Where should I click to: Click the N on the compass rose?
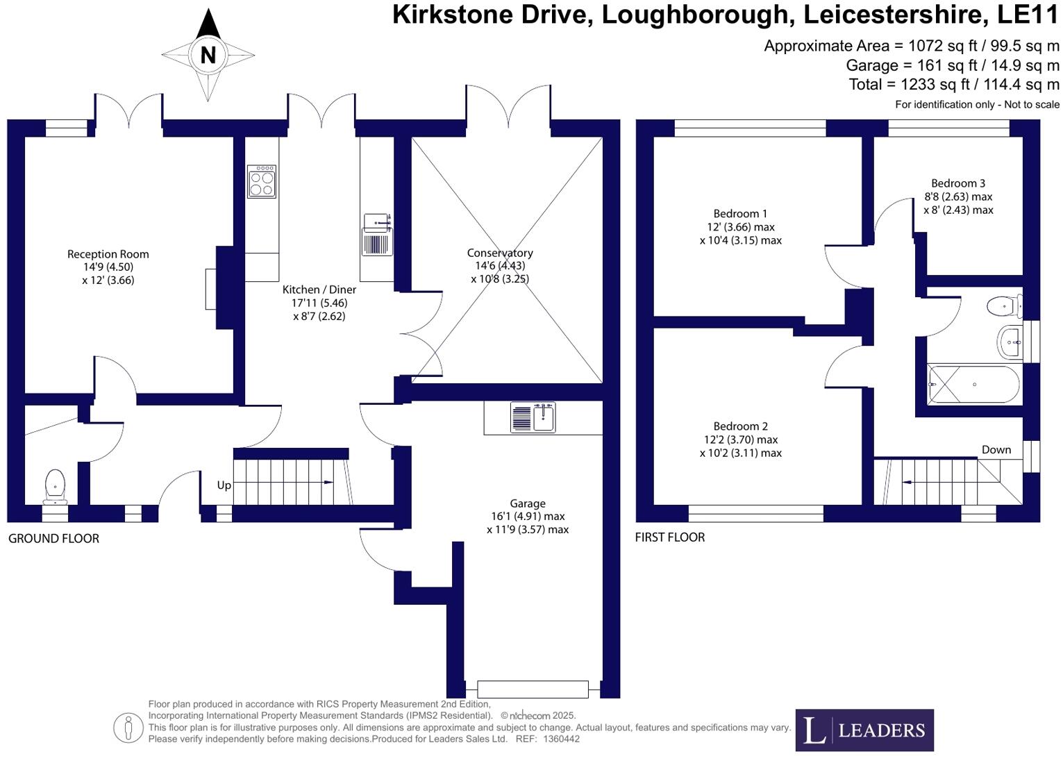(208, 55)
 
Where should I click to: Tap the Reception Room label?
(108, 254)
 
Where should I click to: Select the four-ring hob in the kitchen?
(262, 181)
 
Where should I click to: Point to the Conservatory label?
(499, 253)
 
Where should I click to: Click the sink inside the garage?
(533, 417)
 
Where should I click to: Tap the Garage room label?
(528, 503)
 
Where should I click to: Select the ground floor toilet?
(55, 485)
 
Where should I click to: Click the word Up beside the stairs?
(224, 485)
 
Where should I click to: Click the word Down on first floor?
(996, 449)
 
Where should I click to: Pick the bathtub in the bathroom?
(973, 385)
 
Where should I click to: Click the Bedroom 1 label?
(740, 214)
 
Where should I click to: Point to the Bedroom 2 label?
(740, 426)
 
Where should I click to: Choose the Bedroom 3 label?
(957, 183)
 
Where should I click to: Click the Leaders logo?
(864, 730)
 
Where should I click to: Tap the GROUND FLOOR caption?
(53, 538)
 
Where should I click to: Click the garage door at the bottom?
(533, 689)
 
